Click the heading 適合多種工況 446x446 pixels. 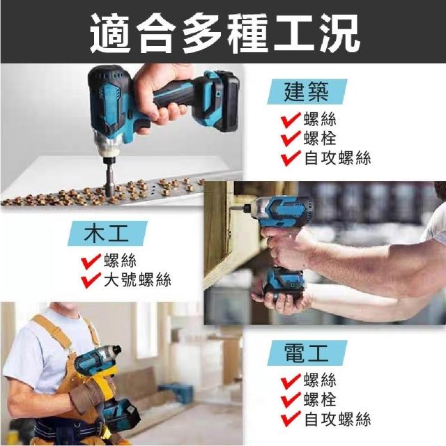point(225,33)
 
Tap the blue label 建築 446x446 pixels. point(307,91)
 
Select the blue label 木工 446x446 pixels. point(107,233)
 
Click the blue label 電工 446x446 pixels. point(307,353)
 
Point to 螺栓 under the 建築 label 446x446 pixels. point(320,139)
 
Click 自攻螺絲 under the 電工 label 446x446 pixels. point(337,420)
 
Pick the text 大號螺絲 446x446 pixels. point(137,279)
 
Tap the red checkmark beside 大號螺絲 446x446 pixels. point(91,280)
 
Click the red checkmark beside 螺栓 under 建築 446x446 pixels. point(291,139)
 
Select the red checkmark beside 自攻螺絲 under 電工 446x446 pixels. point(291,420)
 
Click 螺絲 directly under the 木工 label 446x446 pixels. point(120,260)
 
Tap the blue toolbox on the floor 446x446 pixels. point(176,392)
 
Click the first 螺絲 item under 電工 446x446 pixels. point(320,380)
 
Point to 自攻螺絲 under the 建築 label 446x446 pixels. point(337,158)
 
